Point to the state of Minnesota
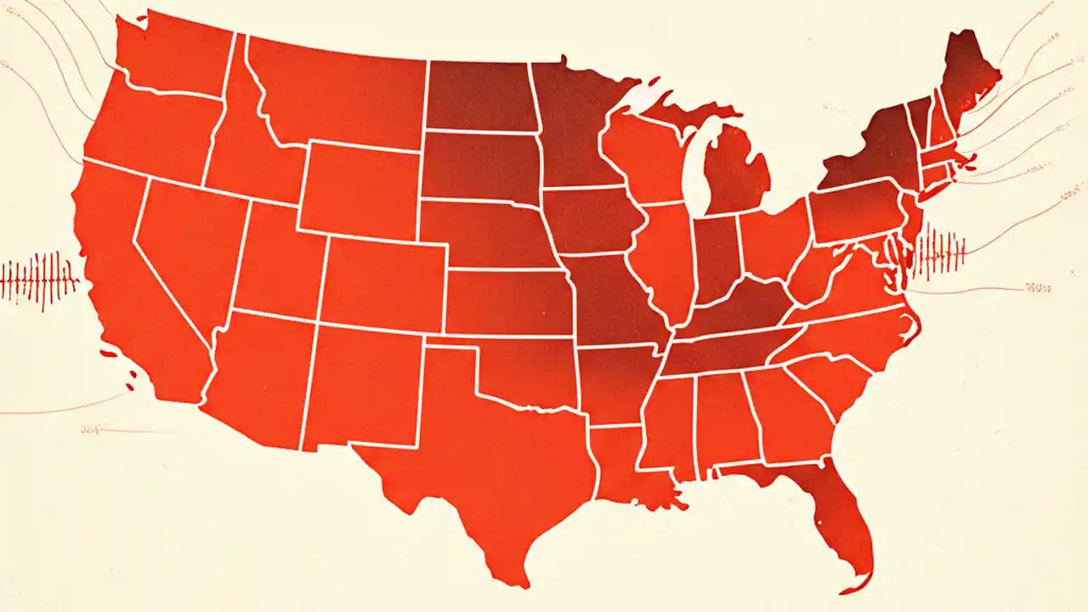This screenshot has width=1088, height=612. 578,127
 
